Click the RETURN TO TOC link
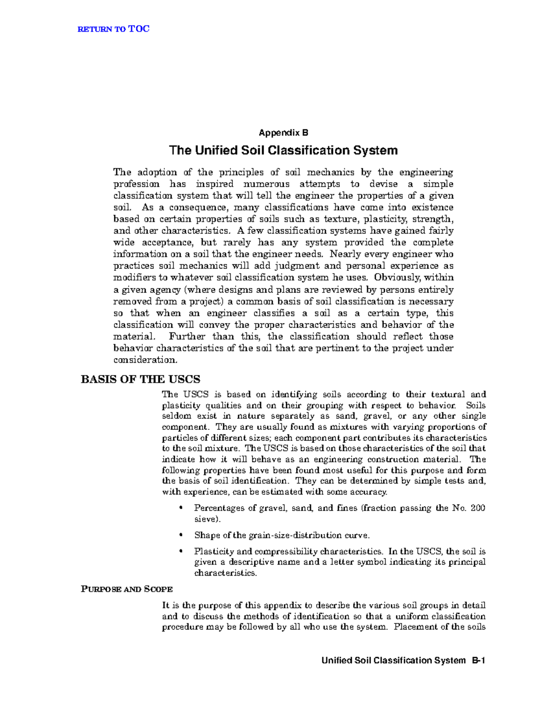click(113, 29)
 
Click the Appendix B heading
click(283, 133)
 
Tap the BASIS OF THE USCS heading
click(141, 379)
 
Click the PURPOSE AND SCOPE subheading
click(127, 589)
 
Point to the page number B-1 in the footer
click(478, 661)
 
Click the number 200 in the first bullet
click(478, 508)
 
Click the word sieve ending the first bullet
click(206, 519)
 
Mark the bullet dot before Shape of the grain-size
click(181, 535)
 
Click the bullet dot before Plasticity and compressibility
click(181, 551)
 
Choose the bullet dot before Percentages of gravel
click(181, 508)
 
